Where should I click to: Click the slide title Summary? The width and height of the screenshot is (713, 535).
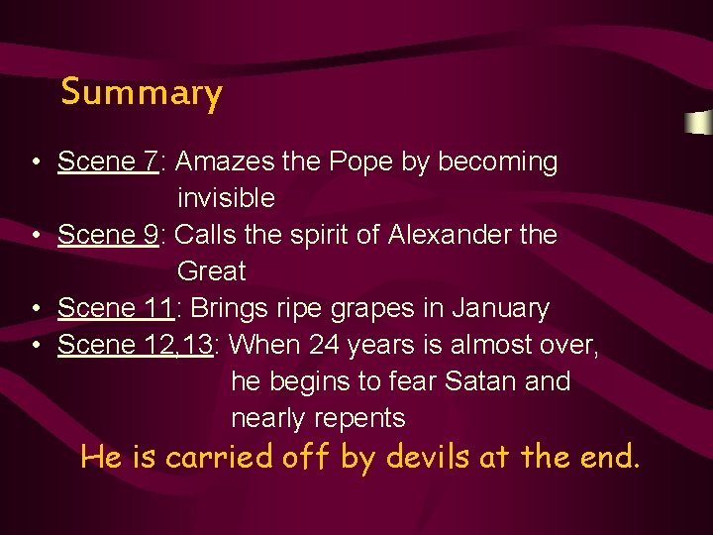[142, 93]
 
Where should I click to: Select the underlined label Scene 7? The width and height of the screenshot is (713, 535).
[107, 161]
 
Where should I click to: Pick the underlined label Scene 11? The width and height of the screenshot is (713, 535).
[115, 308]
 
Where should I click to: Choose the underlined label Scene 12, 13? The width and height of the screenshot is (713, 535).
[142, 345]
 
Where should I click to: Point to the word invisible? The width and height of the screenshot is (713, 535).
[226, 198]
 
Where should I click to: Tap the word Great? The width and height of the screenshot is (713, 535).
[211, 271]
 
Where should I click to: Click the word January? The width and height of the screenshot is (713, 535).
[500, 308]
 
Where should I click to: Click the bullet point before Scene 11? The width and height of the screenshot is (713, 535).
[35, 309]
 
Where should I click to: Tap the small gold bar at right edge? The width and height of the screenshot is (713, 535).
[698, 124]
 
